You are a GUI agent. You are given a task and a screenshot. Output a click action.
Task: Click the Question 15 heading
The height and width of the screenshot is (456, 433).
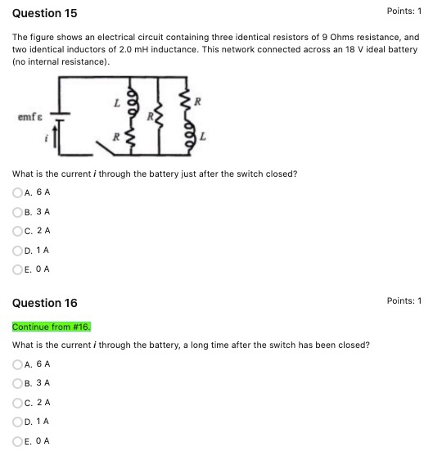(40, 13)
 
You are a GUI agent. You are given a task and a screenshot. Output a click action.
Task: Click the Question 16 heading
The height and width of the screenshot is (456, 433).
(40, 303)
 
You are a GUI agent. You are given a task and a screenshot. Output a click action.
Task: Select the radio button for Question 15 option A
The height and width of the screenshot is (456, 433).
(17, 193)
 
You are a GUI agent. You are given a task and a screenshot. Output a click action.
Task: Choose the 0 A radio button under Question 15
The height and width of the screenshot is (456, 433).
(17, 269)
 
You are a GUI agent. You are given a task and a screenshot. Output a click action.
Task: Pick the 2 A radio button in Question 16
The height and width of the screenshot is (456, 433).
(17, 403)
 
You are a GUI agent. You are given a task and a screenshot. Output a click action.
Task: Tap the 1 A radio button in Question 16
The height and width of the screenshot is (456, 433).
(17, 422)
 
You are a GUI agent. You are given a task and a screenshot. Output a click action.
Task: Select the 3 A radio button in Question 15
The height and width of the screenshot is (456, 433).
(17, 212)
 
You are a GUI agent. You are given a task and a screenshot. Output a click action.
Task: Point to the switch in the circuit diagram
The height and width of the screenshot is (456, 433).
(107, 147)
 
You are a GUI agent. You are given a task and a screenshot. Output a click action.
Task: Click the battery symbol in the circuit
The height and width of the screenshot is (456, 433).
(61, 119)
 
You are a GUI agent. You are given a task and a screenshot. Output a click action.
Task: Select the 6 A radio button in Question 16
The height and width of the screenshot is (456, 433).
(17, 364)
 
